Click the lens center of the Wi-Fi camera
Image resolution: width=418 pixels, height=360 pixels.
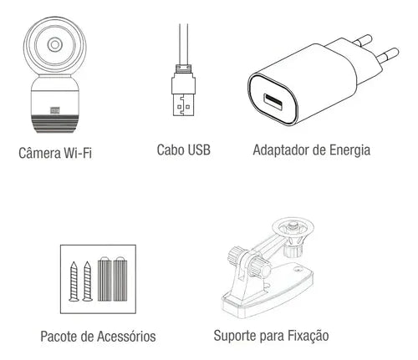[x=54, y=44]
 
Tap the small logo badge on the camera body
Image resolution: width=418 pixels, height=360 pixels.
[x=54, y=110]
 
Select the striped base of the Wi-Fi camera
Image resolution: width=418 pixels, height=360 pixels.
[x=55, y=124]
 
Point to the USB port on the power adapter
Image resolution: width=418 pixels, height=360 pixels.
[x=273, y=102]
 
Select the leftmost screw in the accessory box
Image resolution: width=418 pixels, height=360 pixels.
[x=74, y=281]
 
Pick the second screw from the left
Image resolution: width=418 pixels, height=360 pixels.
[x=88, y=281]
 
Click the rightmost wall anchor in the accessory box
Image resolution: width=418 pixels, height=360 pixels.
[x=120, y=279]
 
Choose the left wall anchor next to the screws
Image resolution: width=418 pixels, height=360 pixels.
[x=104, y=279]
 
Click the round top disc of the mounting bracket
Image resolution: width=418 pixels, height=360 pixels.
[x=293, y=228]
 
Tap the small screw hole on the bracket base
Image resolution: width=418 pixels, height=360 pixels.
[x=298, y=269]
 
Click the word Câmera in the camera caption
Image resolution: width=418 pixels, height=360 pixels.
[x=39, y=153]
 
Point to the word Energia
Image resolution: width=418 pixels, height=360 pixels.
[x=350, y=150]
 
